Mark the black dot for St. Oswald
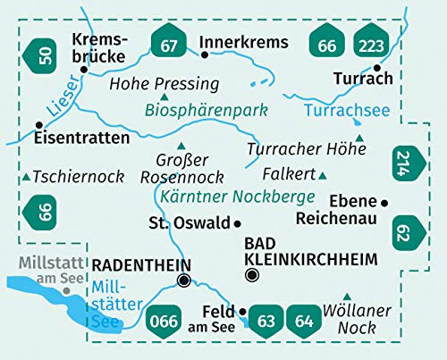(238, 222)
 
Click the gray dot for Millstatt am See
(66, 290)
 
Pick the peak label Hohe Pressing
(164, 84)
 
